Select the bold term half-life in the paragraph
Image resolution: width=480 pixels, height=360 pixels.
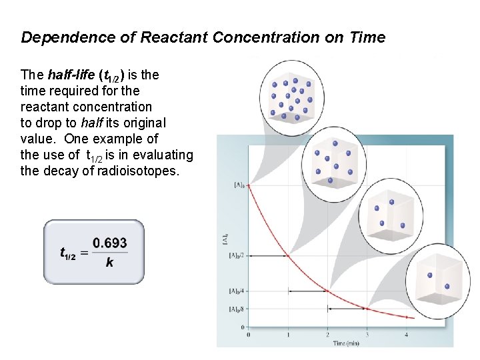73,75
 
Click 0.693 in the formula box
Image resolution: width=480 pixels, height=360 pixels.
110,243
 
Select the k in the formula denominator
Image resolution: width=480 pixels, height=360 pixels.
109,262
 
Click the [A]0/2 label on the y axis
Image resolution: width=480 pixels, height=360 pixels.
236,255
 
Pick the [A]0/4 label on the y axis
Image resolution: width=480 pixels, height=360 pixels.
236,291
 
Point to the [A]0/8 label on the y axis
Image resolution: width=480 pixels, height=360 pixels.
236,309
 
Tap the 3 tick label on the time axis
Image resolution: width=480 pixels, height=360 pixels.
367,334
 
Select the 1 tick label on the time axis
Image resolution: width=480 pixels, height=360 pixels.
288,334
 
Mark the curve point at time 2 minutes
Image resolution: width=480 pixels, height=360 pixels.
327,291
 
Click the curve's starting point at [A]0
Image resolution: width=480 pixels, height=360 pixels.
249,185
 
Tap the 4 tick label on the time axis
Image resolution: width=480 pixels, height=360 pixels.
407,334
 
